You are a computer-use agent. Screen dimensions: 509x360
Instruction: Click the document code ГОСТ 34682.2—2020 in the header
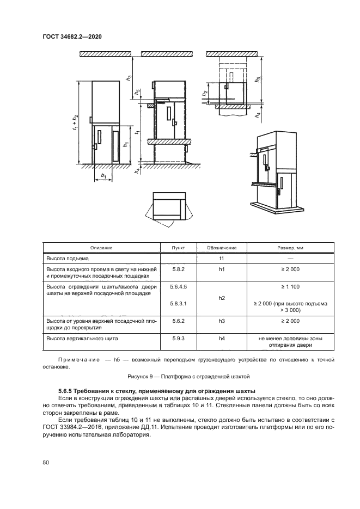click(72, 36)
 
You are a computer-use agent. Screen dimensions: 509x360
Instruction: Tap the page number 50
click(46, 462)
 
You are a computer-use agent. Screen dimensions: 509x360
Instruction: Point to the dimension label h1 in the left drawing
click(126, 145)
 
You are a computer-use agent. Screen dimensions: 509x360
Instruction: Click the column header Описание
click(101, 248)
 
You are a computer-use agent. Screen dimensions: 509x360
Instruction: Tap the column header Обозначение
click(222, 248)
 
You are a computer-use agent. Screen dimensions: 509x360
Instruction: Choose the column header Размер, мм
click(291, 248)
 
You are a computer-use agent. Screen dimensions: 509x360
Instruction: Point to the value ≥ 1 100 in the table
click(291, 286)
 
